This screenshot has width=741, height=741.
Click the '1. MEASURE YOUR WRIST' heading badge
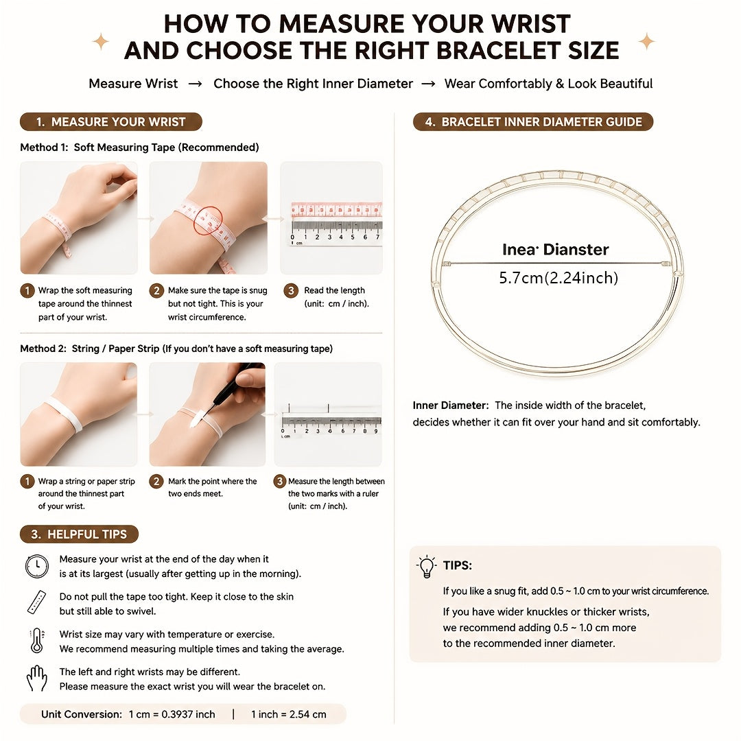pos(111,122)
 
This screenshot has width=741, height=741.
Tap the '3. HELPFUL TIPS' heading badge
pos(79,534)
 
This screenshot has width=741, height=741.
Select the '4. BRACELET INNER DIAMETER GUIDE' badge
pos(533,122)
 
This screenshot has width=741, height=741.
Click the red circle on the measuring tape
pos(208,221)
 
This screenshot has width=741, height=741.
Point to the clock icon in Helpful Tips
pos(37,566)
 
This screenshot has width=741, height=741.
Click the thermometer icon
pos(37,641)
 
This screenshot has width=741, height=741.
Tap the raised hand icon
pos(37,679)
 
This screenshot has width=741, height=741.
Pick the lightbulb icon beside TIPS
pos(427,567)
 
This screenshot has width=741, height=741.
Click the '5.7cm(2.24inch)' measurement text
pos(558,277)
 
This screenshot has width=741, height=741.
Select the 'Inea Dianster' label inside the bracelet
pos(555,249)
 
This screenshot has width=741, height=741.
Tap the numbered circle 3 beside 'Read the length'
pos(291,290)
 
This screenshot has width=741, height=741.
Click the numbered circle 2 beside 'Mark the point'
pos(156,481)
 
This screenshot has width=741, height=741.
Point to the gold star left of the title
pos(101,42)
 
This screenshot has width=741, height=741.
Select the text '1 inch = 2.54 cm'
pos(288,714)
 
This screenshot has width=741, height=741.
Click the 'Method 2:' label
pos(43,349)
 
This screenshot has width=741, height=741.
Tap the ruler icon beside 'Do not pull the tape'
pos(37,602)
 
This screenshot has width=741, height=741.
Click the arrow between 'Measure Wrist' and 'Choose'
pos(195,84)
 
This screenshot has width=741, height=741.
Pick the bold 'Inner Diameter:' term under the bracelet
pos(450,405)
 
